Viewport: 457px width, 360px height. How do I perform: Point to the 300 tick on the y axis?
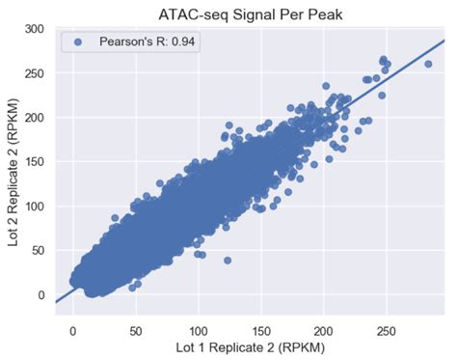click(x=35, y=29)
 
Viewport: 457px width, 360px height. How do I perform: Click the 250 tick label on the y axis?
click(x=35, y=73)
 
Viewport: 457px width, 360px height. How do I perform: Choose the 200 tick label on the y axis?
click(x=35, y=118)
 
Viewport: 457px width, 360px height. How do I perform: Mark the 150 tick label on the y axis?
click(x=35, y=162)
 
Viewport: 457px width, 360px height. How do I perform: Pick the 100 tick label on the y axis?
click(x=35, y=207)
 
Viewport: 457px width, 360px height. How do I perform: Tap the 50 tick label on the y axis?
click(x=39, y=251)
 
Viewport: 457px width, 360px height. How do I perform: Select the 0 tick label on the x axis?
click(x=73, y=329)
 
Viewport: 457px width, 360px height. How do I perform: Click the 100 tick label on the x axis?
click(x=198, y=329)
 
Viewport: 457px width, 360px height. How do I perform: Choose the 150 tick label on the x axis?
click(x=260, y=329)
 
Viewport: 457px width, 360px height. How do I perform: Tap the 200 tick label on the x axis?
click(x=322, y=329)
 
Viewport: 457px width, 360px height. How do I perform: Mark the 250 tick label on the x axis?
click(x=385, y=329)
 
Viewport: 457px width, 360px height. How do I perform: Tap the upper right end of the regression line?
click(x=444, y=41)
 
